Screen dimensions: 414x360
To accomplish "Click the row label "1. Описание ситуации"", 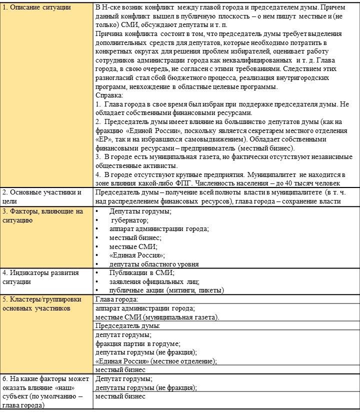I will tap(36, 7).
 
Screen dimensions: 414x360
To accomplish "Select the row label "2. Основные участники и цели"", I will tap(42, 196).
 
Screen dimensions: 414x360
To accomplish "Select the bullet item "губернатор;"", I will tap(129, 220).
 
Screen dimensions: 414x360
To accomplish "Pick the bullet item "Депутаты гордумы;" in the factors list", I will tap(140, 211).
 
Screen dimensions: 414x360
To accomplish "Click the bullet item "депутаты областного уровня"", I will tap(153, 264).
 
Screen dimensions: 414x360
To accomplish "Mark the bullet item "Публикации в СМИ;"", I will tap(141, 272).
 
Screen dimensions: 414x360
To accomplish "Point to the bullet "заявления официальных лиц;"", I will tap(154, 281).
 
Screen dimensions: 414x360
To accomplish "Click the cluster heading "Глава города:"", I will tap(116, 299).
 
